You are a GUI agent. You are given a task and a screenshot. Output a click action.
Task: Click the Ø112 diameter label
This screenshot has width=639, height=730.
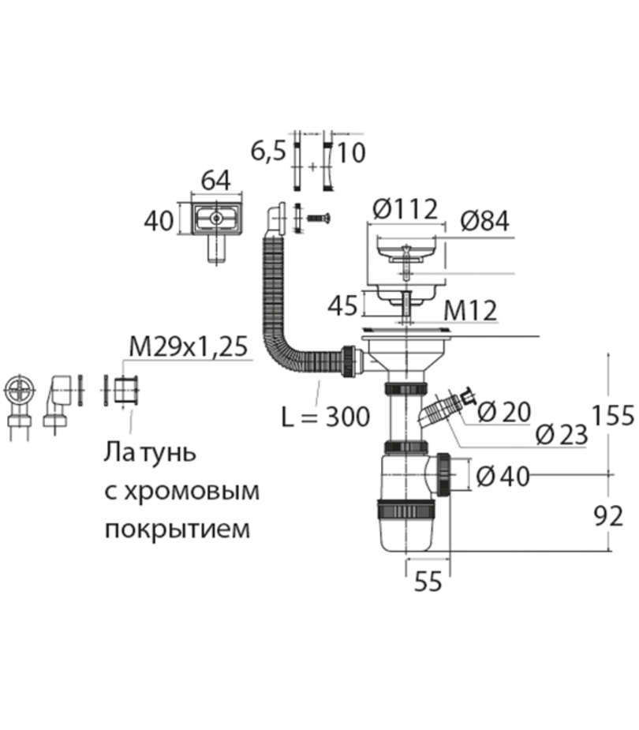(x=403, y=210)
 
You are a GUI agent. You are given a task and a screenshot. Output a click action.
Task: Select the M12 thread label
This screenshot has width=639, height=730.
(x=470, y=310)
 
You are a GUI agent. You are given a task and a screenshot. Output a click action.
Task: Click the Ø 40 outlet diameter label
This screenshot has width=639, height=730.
(x=503, y=477)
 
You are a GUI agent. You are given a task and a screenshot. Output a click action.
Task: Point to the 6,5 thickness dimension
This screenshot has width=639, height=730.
(x=268, y=152)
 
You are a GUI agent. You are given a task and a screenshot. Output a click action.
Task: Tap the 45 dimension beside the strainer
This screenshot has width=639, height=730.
(x=342, y=305)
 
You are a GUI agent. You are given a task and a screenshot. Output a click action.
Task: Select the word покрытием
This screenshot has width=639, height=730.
(x=177, y=528)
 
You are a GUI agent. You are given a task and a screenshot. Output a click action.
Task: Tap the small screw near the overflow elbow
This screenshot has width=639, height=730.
(x=318, y=216)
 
